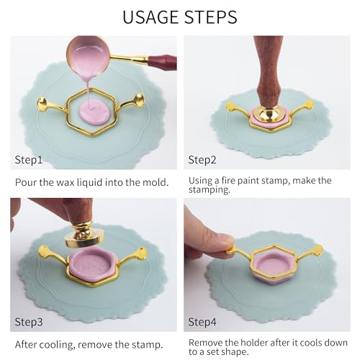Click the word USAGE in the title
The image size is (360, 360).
[x=151, y=17]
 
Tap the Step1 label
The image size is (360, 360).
[x=29, y=160]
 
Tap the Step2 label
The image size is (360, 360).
[x=202, y=160]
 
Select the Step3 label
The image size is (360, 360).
[x=29, y=322]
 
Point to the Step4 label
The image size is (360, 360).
[x=202, y=322]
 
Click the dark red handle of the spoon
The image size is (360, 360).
[x=163, y=63]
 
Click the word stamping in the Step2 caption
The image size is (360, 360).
[x=210, y=190]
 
